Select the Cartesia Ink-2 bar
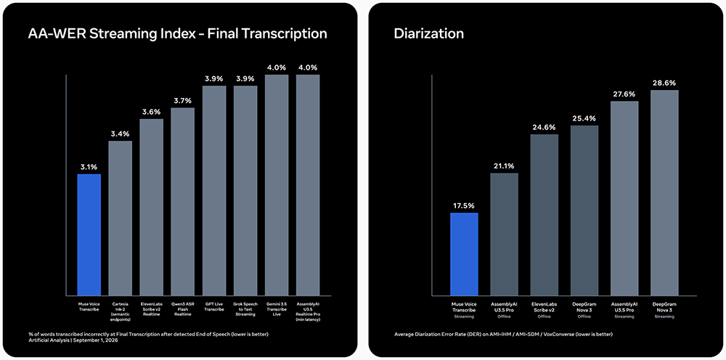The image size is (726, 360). point(121,218)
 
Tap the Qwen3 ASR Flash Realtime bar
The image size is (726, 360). point(182,202)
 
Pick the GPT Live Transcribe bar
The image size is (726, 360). point(214,191)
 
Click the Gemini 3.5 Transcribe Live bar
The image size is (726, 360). point(277,185)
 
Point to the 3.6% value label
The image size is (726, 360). point(152,112)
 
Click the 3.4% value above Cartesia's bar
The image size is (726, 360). point(121,134)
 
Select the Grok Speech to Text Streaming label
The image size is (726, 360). point(245,309)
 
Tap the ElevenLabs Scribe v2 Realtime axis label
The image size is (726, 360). point(152,309)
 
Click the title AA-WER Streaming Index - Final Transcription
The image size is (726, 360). point(178,34)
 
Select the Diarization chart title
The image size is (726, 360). point(429,34)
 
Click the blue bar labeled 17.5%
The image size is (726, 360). point(464,254)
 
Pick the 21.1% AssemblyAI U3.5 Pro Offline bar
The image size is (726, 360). point(504,234)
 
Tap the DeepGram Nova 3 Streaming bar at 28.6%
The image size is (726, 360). point(664,193)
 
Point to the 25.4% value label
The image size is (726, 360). point(584,118)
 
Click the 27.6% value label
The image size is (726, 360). point(624,94)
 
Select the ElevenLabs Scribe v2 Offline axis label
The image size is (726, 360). point(544,310)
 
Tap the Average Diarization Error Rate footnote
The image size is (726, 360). point(504,334)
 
